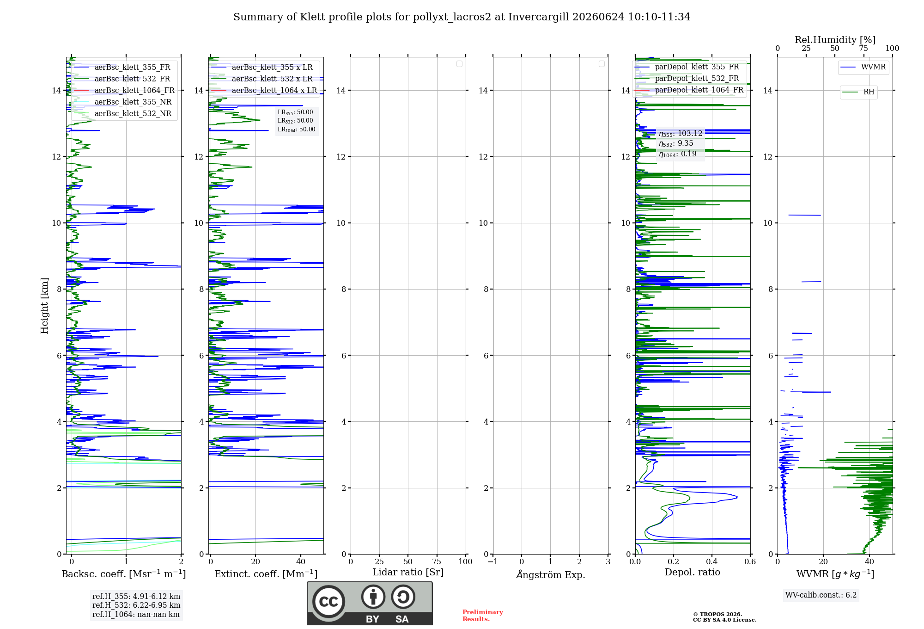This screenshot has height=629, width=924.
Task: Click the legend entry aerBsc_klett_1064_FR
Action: tap(124, 90)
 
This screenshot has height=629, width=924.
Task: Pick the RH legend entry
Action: tap(858, 92)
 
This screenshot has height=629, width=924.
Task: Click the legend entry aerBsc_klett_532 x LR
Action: tap(262, 79)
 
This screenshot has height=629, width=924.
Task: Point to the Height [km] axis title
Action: tap(44, 306)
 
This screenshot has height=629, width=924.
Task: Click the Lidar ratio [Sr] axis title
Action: tap(408, 572)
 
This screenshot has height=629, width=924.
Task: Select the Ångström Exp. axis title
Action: tap(551, 574)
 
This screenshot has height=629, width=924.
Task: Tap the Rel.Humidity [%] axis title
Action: tap(835, 40)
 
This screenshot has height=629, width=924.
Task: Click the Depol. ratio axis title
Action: tap(692, 572)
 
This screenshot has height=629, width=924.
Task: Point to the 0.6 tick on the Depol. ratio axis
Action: tap(750, 561)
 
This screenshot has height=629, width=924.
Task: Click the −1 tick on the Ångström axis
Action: tap(493, 561)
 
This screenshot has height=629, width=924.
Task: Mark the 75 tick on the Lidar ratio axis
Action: tap(437, 561)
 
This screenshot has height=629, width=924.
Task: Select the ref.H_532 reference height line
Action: tap(136, 605)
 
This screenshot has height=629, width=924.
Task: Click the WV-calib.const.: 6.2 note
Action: tap(821, 595)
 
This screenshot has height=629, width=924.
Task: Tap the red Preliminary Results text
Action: tap(483, 615)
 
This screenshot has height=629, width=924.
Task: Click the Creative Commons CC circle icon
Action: tap(328, 602)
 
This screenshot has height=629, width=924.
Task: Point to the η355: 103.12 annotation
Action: tap(681, 134)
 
